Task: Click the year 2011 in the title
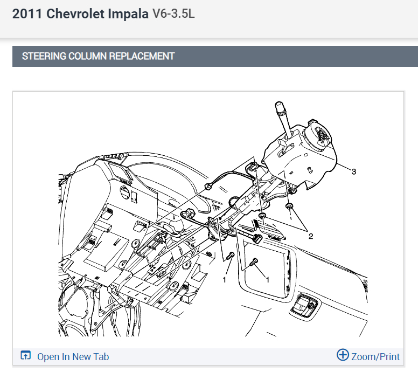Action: pyautogui.click(x=27, y=14)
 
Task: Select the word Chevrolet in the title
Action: pyautogui.click(x=75, y=14)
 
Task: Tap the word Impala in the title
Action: pyautogui.click(x=128, y=14)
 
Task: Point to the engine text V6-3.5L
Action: pyautogui.click(x=173, y=13)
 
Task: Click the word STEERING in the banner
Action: pyautogui.click(x=44, y=56)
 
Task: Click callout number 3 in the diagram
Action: pyautogui.click(x=354, y=172)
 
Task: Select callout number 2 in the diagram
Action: pyautogui.click(x=311, y=236)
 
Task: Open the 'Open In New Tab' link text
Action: pyautogui.click(x=73, y=357)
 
